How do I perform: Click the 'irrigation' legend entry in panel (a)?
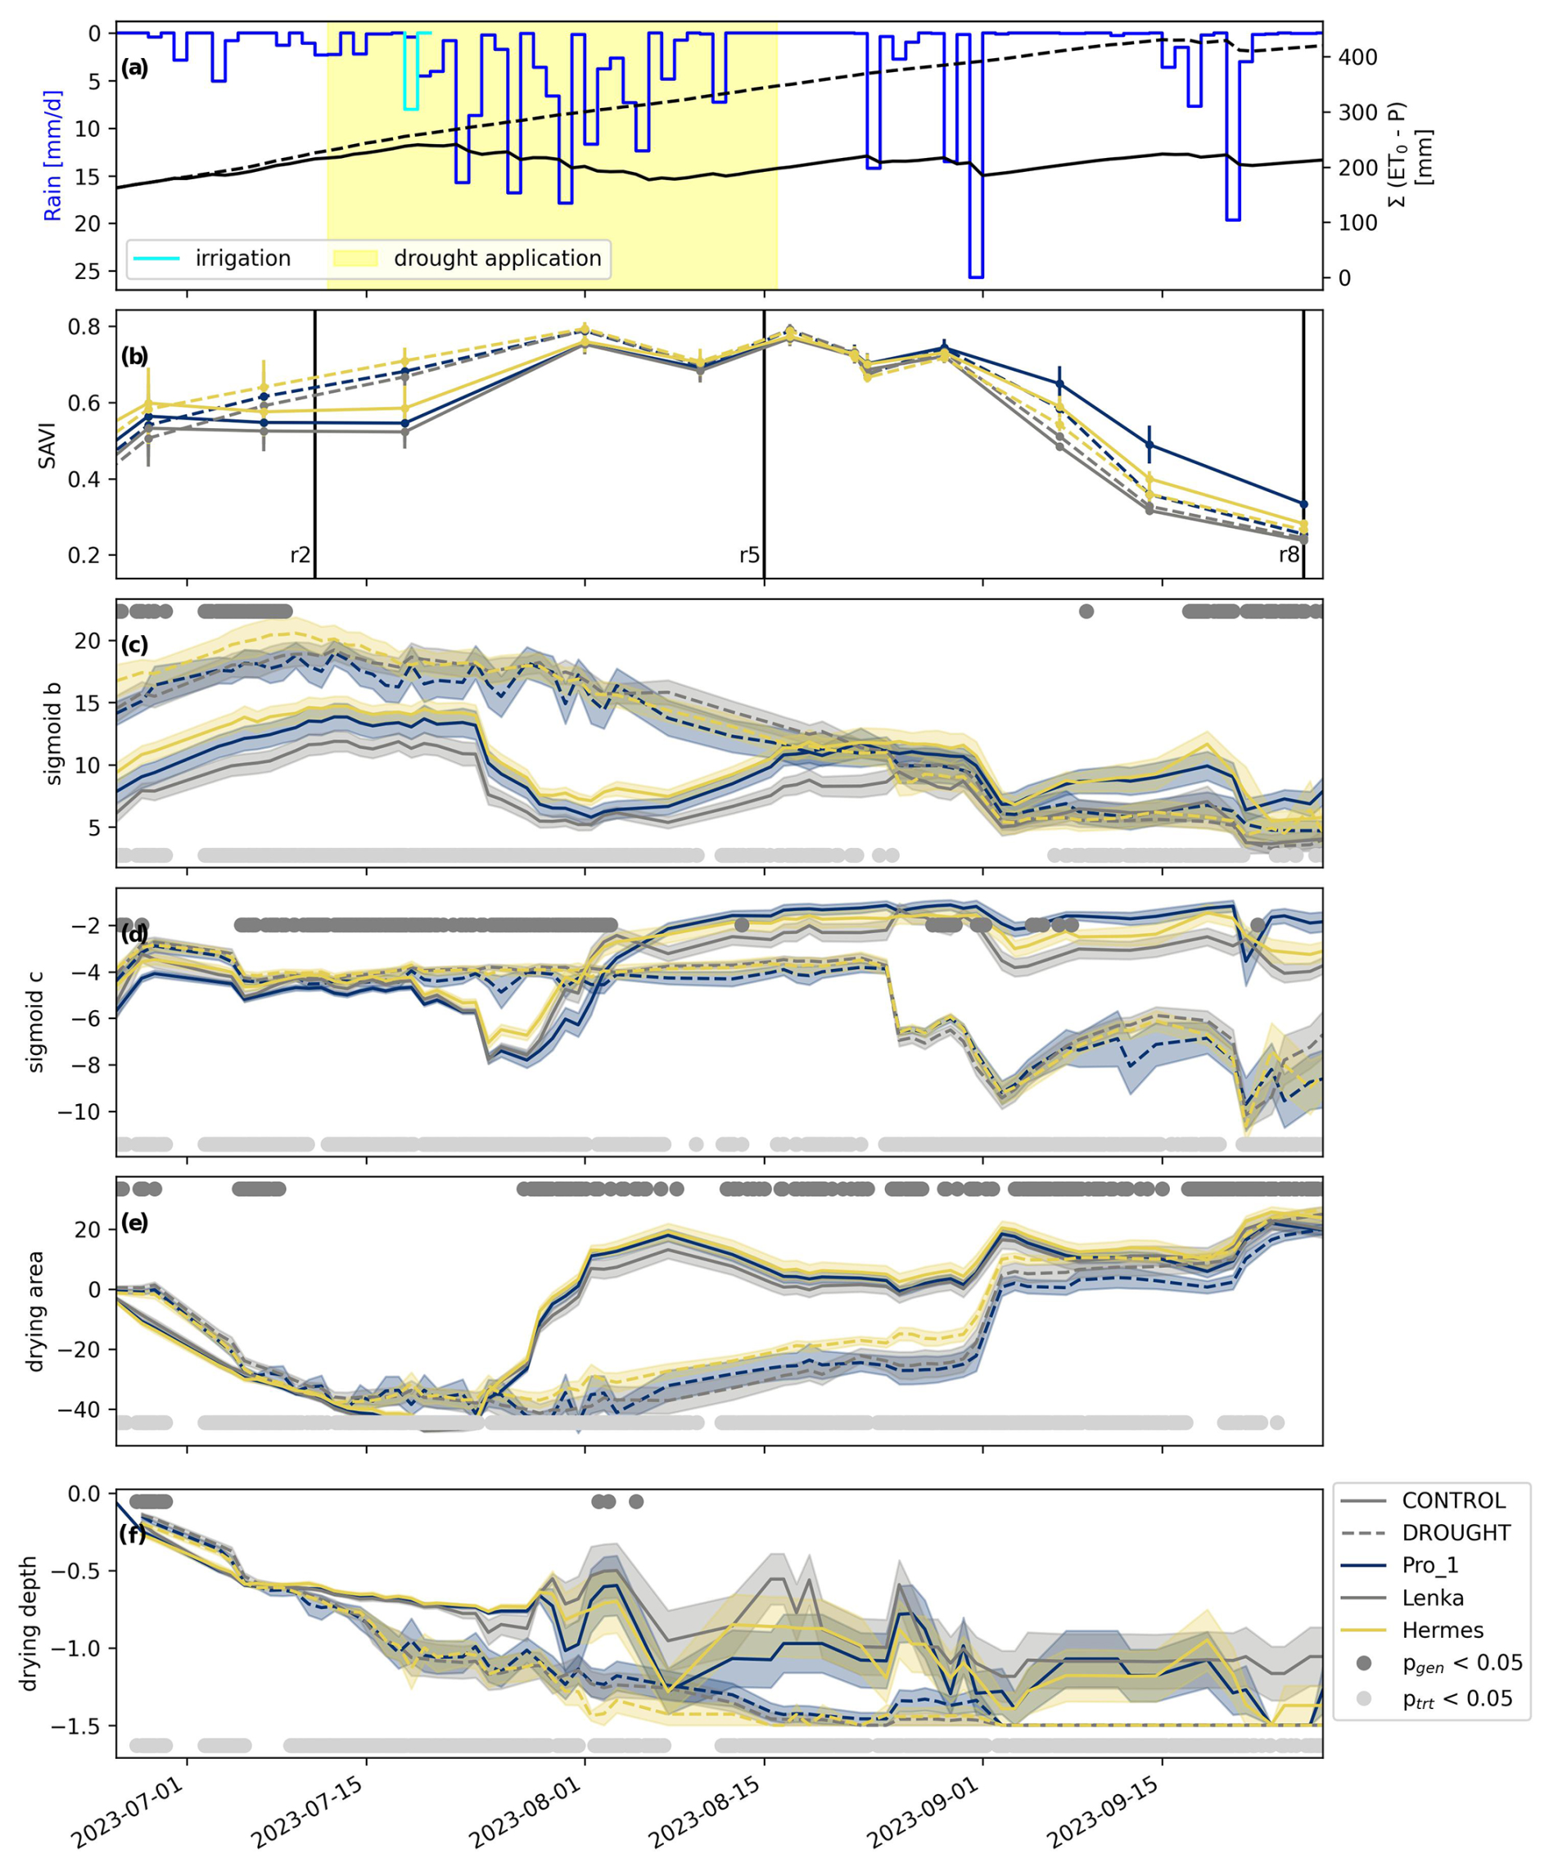pos(242,259)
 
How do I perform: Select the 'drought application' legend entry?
pos(496,259)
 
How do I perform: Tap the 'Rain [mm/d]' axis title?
pos(53,155)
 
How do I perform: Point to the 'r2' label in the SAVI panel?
pos(300,556)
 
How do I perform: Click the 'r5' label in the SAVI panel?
pos(750,556)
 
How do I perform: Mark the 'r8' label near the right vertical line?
pos(1289,556)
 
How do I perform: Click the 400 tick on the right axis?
pos(1357,58)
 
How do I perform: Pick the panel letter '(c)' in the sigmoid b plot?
pos(134,646)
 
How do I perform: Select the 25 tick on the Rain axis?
pos(89,271)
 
